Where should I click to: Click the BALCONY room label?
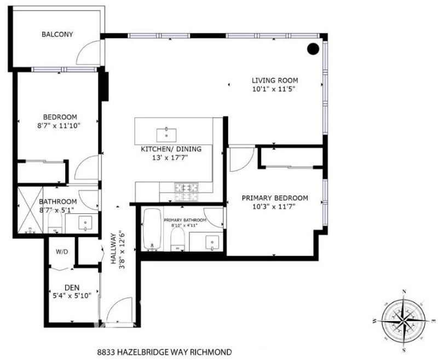[57, 34]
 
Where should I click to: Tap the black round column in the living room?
[313, 49]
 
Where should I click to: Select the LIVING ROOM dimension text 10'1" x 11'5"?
[274, 89]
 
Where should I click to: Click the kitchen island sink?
[166, 135]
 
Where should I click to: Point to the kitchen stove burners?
[186, 191]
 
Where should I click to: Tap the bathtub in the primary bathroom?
[152, 229]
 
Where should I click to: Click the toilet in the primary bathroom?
[177, 240]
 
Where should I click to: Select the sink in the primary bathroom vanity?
[212, 242]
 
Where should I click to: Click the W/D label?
[62, 252]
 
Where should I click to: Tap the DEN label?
[72, 288]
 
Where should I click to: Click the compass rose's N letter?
[404, 292]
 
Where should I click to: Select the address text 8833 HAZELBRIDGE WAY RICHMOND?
[165, 352]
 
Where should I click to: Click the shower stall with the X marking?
[30, 210]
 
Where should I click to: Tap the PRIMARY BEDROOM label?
[275, 198]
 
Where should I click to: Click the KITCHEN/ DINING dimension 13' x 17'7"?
[170, 158]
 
